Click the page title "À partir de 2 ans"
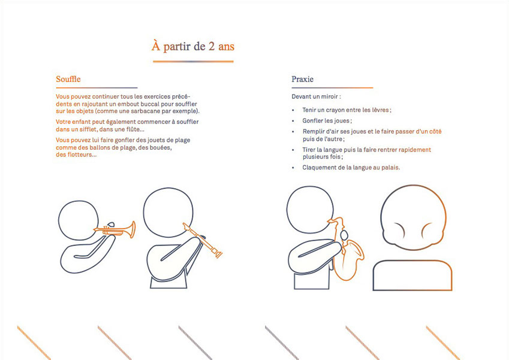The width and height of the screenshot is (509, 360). (193, 46)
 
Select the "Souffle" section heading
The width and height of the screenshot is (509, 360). (68, 79)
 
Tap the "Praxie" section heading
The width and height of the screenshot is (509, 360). (302, 79)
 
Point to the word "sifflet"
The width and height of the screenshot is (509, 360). (89, 129)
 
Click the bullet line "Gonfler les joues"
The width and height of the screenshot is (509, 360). (327, 120)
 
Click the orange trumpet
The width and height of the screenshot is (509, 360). (115, 229)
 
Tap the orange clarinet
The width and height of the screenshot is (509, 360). (203, 240)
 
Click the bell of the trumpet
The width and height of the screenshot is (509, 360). (132, 229)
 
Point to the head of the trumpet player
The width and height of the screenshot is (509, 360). (78, 220)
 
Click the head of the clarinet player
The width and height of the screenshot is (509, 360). (168, 212)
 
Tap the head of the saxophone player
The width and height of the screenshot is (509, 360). (310, 210)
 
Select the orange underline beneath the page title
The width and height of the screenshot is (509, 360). (193, 61)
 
